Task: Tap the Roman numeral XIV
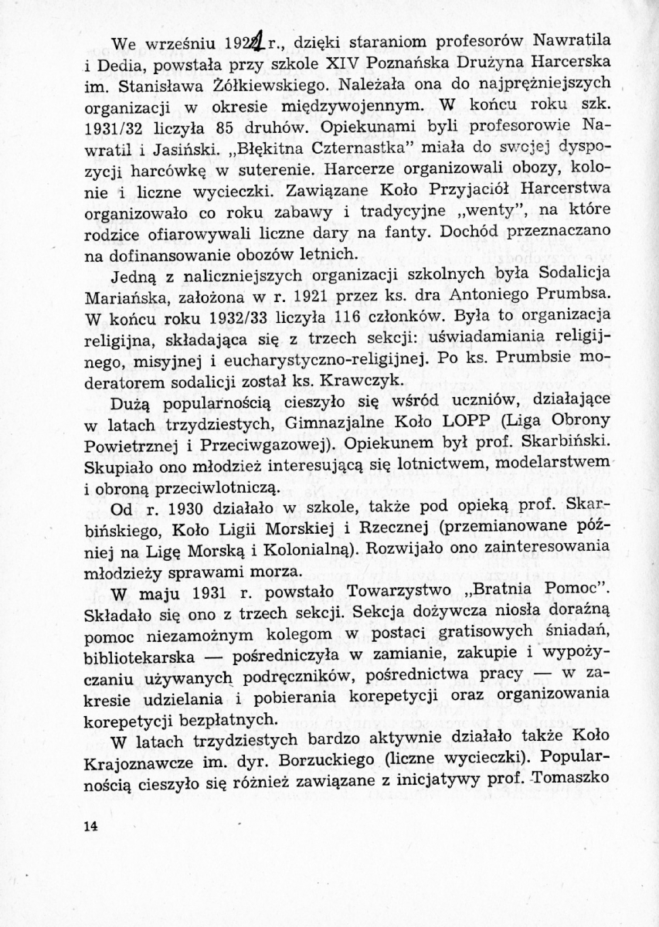tap(326, 59)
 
